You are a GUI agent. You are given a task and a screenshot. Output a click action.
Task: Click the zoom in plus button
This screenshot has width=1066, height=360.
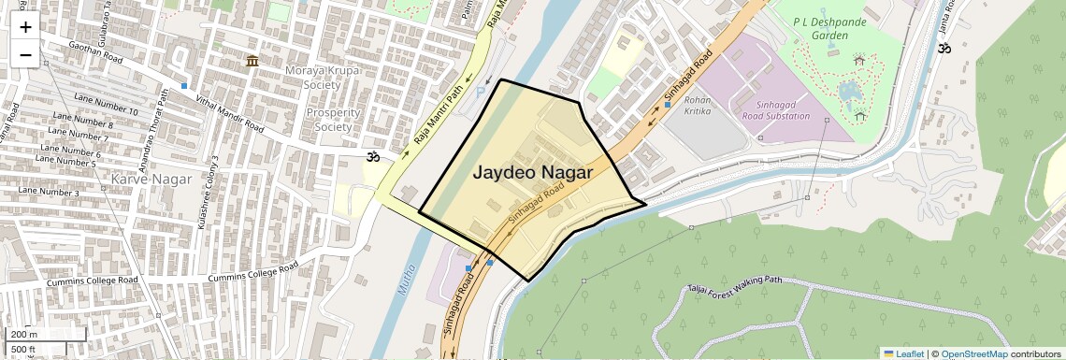pyautogui.click(x=25, y=26)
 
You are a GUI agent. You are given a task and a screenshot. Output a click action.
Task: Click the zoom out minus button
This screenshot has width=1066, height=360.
pyautogui.click(x=25, y=55)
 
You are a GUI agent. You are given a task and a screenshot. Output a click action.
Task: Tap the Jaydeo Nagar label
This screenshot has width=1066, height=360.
pyautogui.click(x=533, y=173)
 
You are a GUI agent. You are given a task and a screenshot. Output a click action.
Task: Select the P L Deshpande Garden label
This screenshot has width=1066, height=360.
pyautogui.click(x=807, y=28)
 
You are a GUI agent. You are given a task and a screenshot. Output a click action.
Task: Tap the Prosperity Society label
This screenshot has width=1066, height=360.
pyautogui.click(x=333, y=120)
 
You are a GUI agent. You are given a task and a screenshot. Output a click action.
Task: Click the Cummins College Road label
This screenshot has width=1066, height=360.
pyautogui.click(x=252, y=272)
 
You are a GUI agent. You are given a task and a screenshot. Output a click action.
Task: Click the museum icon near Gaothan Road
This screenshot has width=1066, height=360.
pyautogui.click(x=252, y=62)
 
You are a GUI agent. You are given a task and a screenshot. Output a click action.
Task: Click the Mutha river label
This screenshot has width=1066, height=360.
pyautogui.click(x=406, y=279)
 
